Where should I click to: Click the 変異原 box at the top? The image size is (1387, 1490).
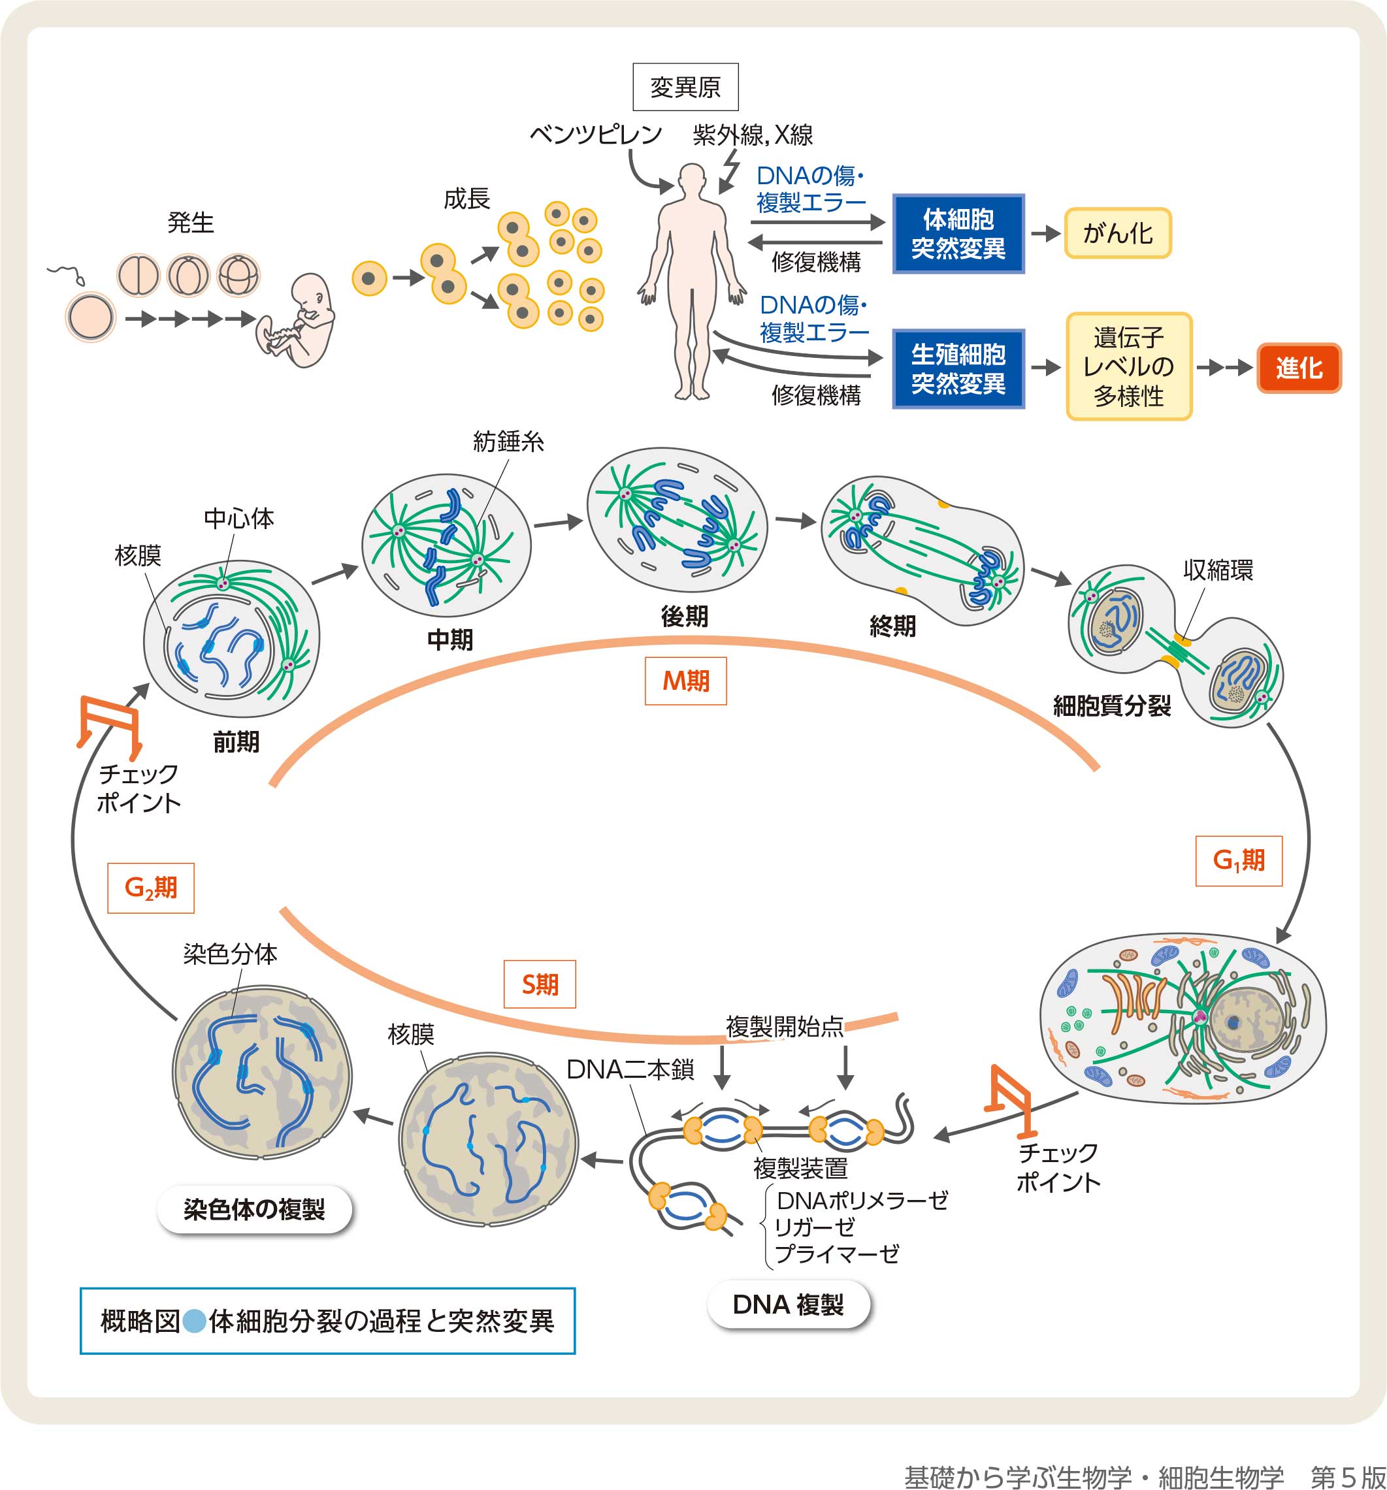(x=685, y=87)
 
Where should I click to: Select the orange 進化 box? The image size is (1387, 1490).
(x=1299, y=367)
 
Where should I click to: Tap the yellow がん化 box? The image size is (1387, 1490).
(x=1117, y=233)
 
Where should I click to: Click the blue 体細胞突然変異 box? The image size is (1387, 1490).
(x=958, y=234)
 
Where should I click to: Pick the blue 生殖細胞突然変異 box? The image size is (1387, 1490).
(x=958, y=369)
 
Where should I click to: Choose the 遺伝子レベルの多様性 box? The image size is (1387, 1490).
(x=1128, y=366)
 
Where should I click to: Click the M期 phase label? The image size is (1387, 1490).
(x=685, y=681)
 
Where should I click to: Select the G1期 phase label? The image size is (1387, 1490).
(x=1239, y=860)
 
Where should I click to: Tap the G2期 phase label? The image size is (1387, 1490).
(x=151, y=888)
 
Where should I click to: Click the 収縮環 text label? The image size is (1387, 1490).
(x=1218, y=570)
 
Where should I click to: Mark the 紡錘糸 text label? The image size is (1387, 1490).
(x=508, y=442)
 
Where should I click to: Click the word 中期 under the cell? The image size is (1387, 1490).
(x=450, y=640)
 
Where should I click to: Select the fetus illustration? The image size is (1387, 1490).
(x=300, y=320)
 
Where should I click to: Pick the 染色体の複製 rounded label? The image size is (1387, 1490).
(x=254, y=1209)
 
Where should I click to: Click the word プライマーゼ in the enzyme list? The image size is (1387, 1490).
(x=838, y=1253)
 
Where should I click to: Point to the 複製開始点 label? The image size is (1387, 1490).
(x=784, y=1026)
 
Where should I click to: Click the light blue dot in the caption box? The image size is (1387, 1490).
(x=194, y=1321)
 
